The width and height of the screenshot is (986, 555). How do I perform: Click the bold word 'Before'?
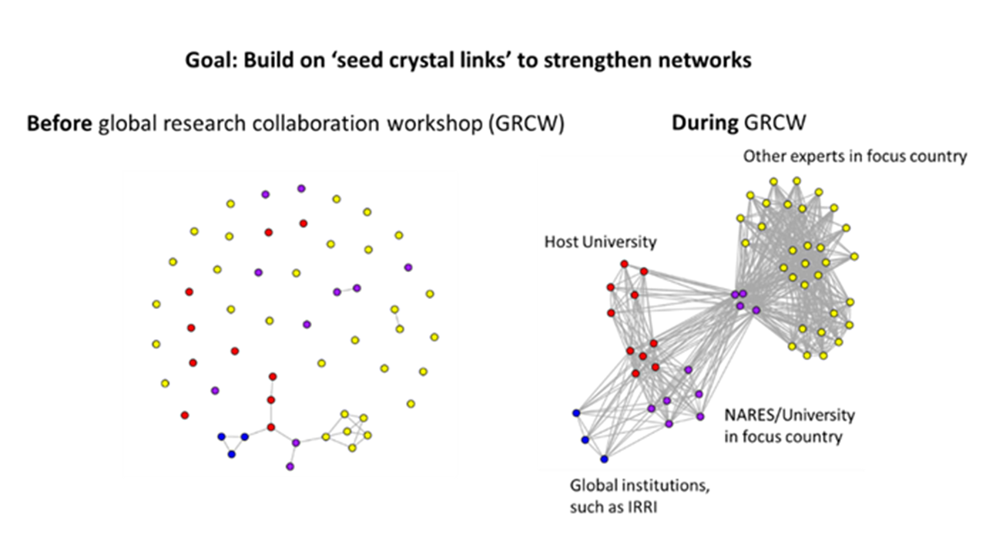click(x=60, y=124)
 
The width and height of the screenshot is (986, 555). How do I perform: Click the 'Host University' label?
click(x=600, y=242)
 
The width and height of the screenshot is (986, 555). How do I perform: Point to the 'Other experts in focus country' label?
click(x=854, y=156)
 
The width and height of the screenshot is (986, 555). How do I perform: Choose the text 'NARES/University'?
click(x=789, y=415)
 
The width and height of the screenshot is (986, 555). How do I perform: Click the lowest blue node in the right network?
click(x=604, y=459)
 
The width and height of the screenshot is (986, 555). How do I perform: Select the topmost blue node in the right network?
click(x=576, y=413)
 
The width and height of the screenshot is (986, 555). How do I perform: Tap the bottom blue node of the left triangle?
click(x=231, y=455)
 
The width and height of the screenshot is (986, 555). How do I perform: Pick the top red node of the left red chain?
click(x=271, y=376)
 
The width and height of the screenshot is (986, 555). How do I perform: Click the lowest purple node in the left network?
click(x=290, y=466)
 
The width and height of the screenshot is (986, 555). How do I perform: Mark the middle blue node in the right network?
click(x=585, y=440)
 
